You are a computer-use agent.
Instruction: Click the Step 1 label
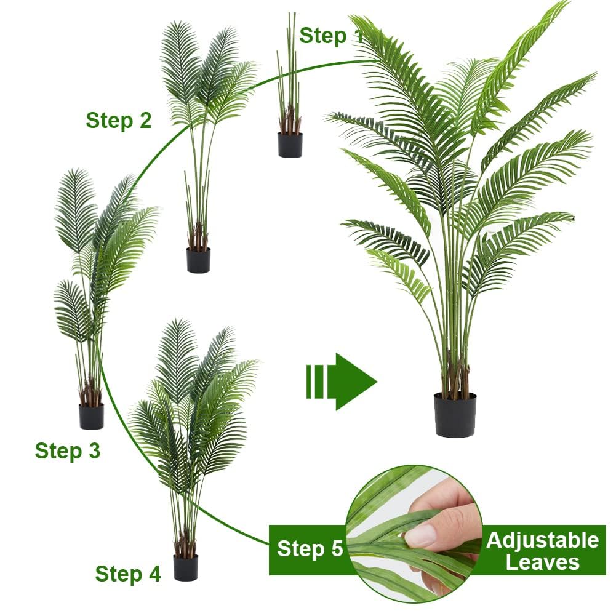(331, 36)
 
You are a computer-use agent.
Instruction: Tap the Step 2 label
(119, 120)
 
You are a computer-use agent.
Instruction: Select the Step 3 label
(68, 450)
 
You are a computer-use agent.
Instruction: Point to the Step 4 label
(128, 574)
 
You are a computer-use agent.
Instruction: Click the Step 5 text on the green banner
(310, 548)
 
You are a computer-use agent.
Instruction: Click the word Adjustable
(543, 540)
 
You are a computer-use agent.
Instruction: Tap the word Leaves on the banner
(543, 562)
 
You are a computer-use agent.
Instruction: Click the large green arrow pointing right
(342, 382)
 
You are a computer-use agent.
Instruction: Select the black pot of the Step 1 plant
(290, 145)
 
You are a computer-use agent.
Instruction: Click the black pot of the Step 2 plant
(198, 260)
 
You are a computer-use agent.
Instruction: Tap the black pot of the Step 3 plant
(91, 416)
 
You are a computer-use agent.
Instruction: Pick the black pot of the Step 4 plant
(185, 567)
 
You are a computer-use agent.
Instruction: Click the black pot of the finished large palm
(455, 415)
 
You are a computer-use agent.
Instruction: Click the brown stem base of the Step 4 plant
(185, 544)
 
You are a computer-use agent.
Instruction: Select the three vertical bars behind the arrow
(314, 382)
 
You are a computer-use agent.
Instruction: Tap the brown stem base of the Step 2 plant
(198, 236)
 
